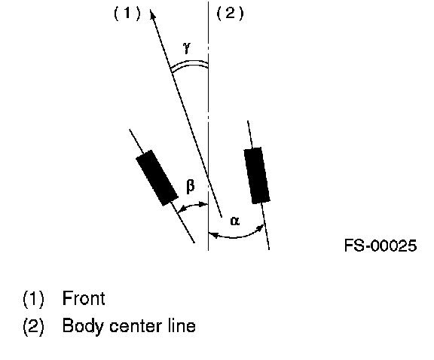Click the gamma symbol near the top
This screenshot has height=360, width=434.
187,47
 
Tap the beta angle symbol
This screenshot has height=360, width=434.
191,186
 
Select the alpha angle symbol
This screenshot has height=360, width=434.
235,221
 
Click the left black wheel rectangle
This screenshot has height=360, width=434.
157,178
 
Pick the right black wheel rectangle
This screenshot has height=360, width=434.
257,175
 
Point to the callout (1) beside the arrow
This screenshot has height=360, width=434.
127,13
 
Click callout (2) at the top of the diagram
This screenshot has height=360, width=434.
230,13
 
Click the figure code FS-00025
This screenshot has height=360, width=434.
381,246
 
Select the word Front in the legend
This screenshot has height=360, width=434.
84,298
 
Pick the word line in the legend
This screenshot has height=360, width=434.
182,325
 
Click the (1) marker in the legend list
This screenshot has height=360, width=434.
33,299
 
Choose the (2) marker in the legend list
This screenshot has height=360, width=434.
33,327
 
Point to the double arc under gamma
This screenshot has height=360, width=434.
189,65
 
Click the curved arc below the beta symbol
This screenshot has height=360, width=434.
192,206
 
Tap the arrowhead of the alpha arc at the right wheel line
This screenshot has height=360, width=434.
260,228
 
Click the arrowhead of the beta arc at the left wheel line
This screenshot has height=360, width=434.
181,210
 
